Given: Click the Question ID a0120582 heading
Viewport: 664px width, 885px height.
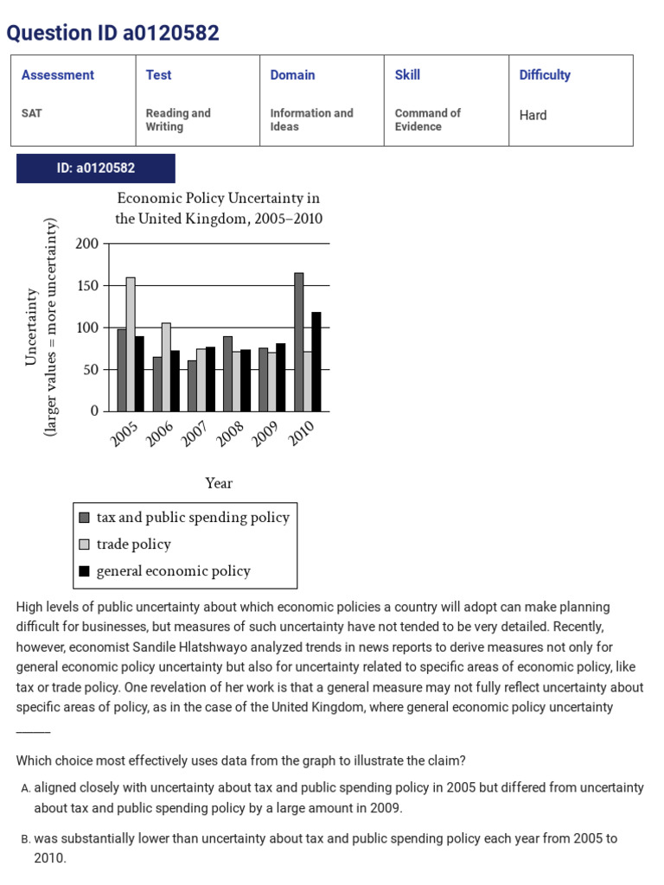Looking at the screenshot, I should pyautogui.click(x=113, y=33).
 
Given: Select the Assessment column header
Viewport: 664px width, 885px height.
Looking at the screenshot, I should pyautogui.click(x=58, y=75).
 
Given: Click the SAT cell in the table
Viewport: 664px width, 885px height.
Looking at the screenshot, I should pyautogui.click(x=32, y=113).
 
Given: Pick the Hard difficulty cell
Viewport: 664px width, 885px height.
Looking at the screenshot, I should pyautogui.click(x=533, y=115).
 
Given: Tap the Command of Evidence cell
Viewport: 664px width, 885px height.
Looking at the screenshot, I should pyautogui.click(x=428, y=119).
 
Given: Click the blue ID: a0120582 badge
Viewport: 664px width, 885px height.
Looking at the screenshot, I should pyautogui.click(x=96, y=169).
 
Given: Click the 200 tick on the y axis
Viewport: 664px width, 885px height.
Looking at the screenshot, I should pyautogui.click(x=87, y=244).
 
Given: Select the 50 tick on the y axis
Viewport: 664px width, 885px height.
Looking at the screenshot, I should pyautogui.click(x=91, y=370).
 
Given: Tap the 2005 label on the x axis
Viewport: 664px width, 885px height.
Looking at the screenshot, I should pyautogui.click(x=125, y=435).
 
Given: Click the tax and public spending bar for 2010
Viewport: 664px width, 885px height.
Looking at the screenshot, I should pyautogui.click(x=298, y=342).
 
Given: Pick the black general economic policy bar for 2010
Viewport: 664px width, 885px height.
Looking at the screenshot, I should pyautogui.click(x=316, y=361).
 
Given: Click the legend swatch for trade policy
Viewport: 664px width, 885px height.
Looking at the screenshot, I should pyautogui.click(x=84, y=544).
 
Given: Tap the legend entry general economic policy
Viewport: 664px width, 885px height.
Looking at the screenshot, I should pyautogui.click(x=173, y=571).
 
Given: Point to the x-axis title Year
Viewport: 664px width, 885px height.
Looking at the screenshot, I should pyautogui.click(x=219, y=483).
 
